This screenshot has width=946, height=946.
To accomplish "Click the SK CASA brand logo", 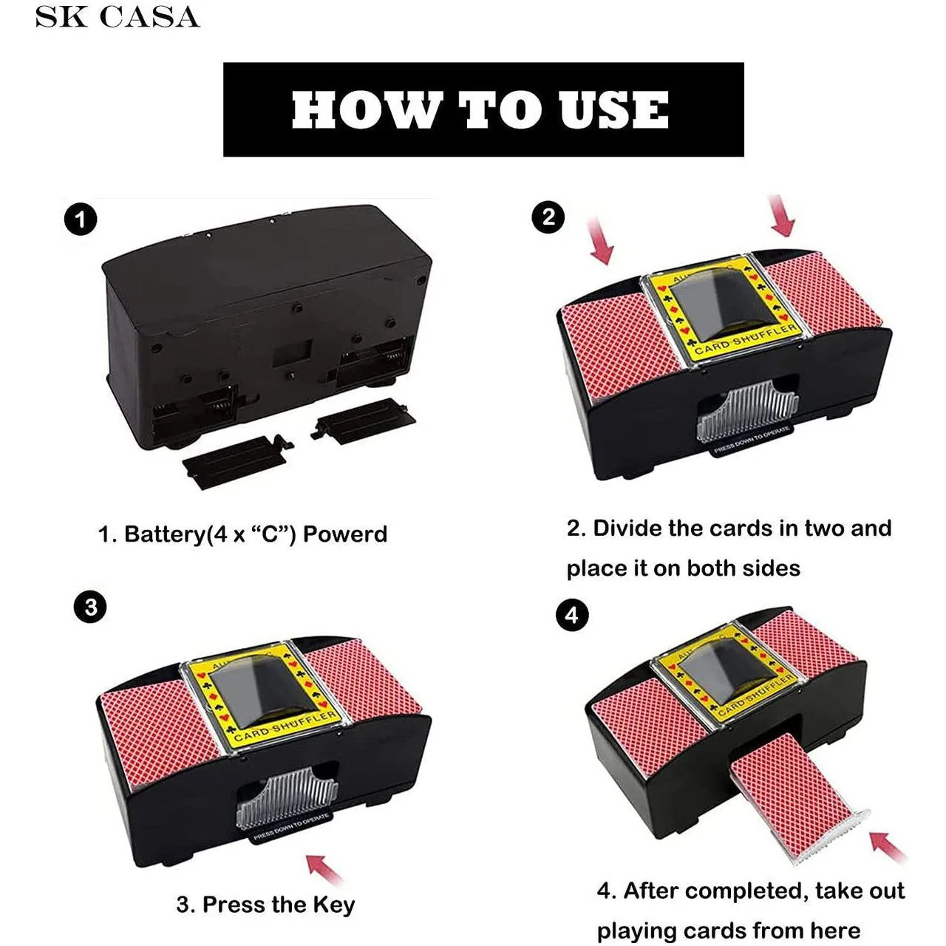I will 118,17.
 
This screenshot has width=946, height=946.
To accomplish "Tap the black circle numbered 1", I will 81,220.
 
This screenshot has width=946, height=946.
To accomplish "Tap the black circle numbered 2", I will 548,217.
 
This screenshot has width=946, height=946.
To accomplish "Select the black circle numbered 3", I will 90,608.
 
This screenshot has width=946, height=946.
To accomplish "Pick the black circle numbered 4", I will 571,616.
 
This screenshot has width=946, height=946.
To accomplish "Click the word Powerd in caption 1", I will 344,534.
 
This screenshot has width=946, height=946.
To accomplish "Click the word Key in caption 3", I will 333,905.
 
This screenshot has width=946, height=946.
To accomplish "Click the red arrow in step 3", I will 325,869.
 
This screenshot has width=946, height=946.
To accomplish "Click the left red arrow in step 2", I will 602,240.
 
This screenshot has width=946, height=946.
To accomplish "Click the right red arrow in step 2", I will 781,216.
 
